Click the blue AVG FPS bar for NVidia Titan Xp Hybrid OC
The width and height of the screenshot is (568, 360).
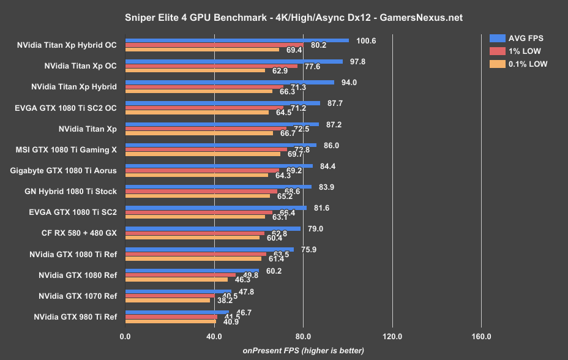click(x=237, y=40)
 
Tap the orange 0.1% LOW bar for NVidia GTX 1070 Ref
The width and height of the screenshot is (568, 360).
click(x=167, y=300)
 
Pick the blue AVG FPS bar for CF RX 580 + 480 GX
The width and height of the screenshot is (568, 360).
click(x=212, y=229)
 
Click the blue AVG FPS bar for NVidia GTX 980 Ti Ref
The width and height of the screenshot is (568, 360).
click(x=177, y=312)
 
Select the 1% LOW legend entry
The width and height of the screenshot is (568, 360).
click(x=521, y=51)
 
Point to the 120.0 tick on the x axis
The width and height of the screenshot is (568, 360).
click(x=392, y=336)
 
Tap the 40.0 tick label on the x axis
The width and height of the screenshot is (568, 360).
click(x=214, y=336)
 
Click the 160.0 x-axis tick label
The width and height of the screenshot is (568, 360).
click(x=481, y=336)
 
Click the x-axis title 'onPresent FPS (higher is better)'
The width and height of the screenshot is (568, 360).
click(x=303, y=351)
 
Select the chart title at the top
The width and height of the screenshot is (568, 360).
click(x=283, y=18)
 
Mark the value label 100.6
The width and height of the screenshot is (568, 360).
click(x=367, y=40)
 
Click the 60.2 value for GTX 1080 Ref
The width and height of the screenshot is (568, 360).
click(x=270, y=271)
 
